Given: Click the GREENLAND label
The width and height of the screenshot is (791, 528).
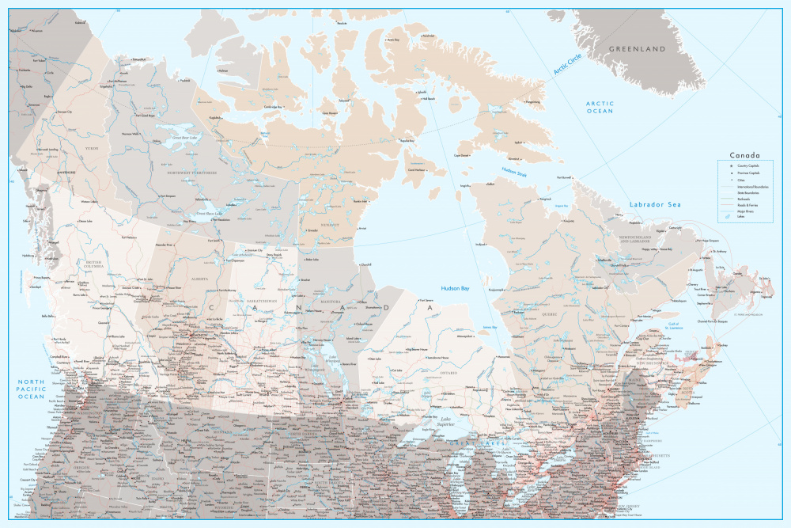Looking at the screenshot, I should click(637, 49).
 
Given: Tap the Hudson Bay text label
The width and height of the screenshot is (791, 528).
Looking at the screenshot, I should click(455, 290).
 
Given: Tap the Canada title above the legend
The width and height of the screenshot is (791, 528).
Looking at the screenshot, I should click(744, 155).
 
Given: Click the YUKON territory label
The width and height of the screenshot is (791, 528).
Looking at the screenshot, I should click(92, 147).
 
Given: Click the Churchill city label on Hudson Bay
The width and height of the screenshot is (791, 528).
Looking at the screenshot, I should click(365, 264).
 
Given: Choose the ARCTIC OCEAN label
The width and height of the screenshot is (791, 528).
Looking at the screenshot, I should click(599, 107).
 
